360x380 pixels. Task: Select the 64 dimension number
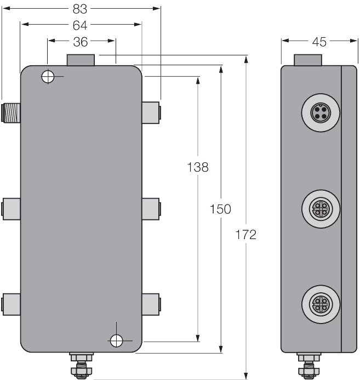point(81,25)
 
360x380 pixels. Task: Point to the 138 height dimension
point(197,167)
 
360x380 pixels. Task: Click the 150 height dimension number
point(220,208)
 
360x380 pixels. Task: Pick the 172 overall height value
point(245,235)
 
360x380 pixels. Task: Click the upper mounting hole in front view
point(48,77)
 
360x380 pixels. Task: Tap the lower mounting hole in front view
point(116,341)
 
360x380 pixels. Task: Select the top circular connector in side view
point(318,114)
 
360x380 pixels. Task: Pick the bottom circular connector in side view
point(318,303)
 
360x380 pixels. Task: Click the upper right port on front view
point(151,112)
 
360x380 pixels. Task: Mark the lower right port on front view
point(151,303)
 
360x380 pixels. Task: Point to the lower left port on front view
point(11,303)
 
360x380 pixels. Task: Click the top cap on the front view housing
point(81,59)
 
